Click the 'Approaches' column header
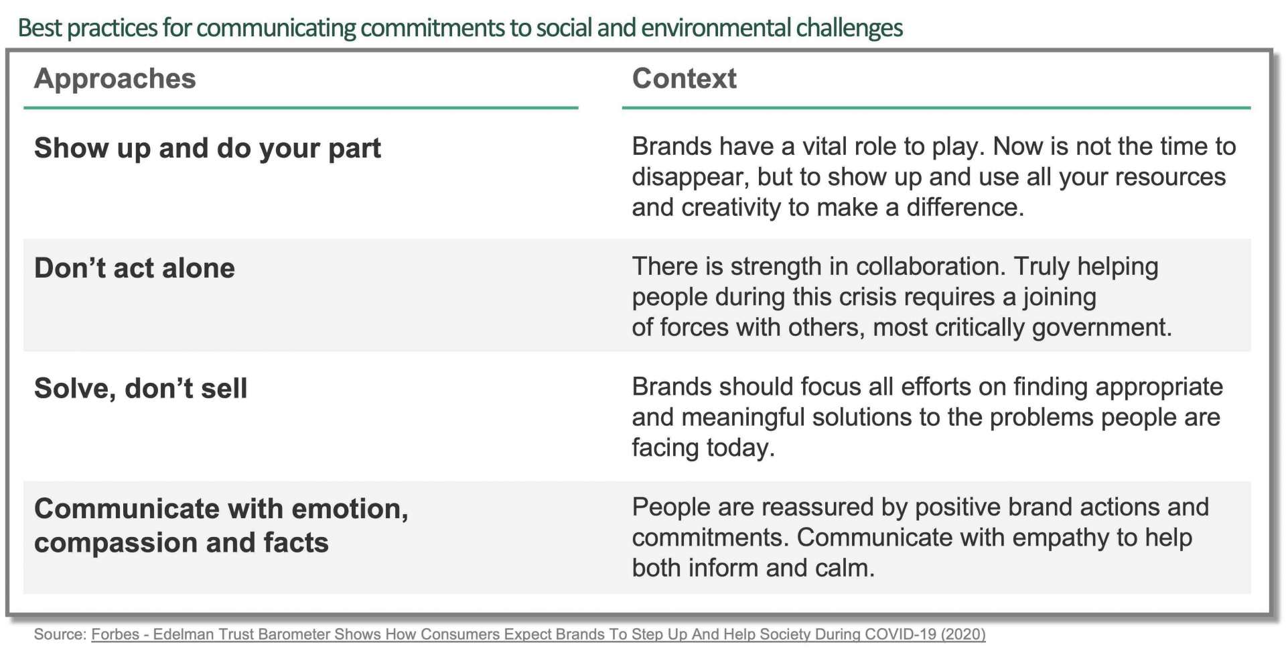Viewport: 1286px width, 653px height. [115, 79]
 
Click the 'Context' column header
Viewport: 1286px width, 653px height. [684, 79]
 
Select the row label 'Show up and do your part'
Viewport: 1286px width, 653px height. [207, 148]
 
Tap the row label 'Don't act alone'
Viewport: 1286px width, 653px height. [135, 268]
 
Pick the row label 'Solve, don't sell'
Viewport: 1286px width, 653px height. [141, 388]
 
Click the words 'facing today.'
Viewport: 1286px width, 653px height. [703, 448]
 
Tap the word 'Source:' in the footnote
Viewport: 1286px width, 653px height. [60, 634]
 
